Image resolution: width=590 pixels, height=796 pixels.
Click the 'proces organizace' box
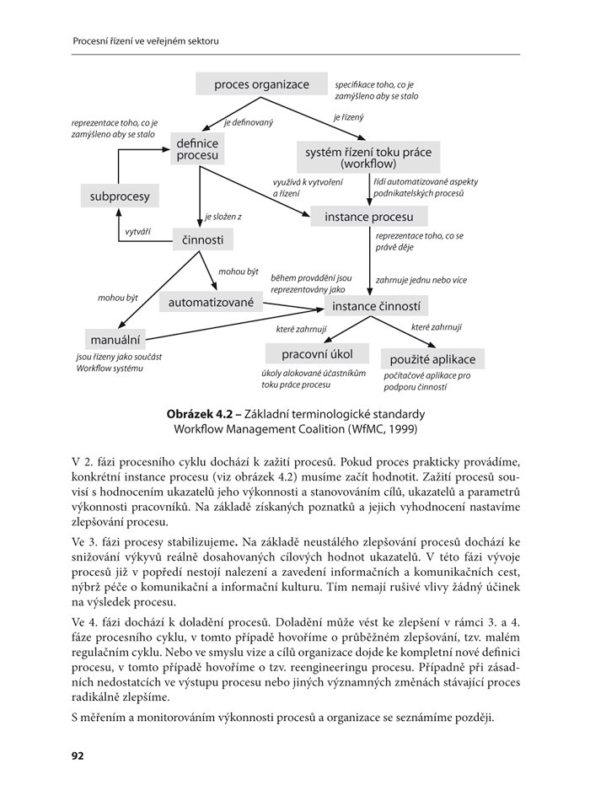pyautogui.click(x=261, y=84)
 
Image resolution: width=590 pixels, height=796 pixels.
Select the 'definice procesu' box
pyautogui.click(x=198, y=149)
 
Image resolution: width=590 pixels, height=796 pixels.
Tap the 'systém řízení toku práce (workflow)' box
pyautogui.click(x=368, y=157)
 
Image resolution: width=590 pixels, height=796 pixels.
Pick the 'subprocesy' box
pyautogui.click(x=119, y=196)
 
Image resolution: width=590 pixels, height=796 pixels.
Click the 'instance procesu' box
pyautogui.click(x=368, y=218)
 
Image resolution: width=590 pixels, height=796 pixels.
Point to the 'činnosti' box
pyautogui.click(x=202, y=240)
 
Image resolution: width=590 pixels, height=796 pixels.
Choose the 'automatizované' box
pyautogui.click(x=211, y=301)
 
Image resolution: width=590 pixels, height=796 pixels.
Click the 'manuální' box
pyautogui.click(x=115, y=339)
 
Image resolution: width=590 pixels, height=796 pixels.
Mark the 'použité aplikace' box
pyautogui.click(x=432, y=359)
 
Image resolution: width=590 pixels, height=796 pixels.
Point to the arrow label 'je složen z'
pyautogui.click(x=223, y=217)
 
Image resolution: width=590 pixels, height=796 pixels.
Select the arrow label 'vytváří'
pyautogui.click(x=137, y=231)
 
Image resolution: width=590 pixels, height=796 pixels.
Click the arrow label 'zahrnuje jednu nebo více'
pyautogui.click(x=421, y=280)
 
